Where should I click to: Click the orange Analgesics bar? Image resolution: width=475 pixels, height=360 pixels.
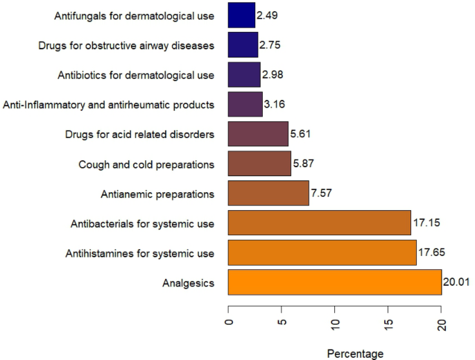[335, 282]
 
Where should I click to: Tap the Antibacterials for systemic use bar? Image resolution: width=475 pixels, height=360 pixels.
[319, 223]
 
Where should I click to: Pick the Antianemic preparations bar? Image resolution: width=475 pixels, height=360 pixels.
[268, 193]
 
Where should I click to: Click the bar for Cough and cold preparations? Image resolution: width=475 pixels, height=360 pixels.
[259, 164]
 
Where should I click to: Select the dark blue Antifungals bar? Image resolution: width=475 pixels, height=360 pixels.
[241, 15]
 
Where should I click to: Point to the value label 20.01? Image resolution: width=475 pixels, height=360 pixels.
[458, 282]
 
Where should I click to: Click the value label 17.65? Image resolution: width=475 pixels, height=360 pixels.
[433, 253]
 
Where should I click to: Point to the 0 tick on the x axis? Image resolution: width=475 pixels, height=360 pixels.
[229, 323]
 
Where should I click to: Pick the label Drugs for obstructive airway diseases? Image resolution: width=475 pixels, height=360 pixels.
[126, 45]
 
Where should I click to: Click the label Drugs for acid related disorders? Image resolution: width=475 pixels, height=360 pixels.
[137, 134]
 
